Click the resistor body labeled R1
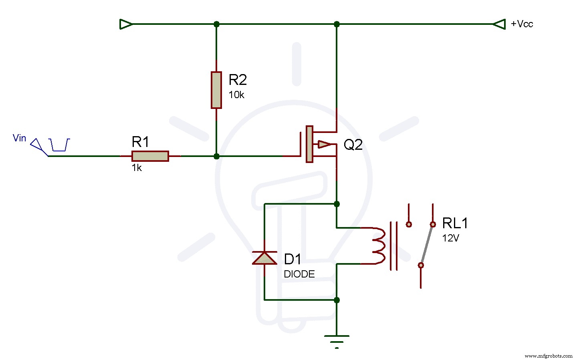pos(150,156)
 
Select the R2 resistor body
pos(216,90)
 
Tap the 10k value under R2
pos(236,95)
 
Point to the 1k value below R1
pos(137,168)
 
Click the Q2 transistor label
pos(353,145)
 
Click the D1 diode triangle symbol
pos(264,258)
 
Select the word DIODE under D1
pos(299,274)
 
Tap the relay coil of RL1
pos(379,246)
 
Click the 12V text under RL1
pos(450,238)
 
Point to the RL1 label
pos(455,223)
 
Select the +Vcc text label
pos(522,24)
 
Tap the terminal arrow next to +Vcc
pos(499,24)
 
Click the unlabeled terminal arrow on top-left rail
pos(126,24)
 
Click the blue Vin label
pos(19,138)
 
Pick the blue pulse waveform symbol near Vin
pos(60,145)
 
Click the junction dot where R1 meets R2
pos(216,156)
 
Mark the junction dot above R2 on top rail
pos(216,24)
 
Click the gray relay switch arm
pos(427,245)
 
